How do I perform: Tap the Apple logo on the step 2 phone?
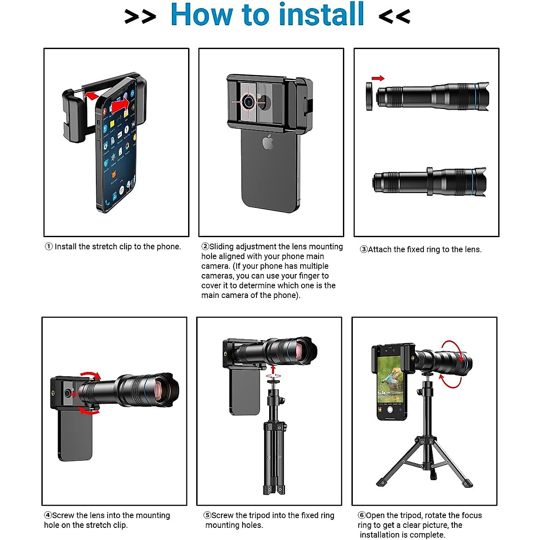(x=268, y=141)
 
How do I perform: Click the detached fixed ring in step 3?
(x=369, y=96)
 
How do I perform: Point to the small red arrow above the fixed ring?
(x=378, y=78)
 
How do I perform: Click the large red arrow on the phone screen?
(x=121, y=106)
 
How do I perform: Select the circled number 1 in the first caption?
(x=49, y=247)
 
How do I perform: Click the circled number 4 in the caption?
(x=48, y=515)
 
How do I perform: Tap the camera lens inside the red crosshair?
(x=248, y=101)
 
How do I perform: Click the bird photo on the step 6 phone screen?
(x=390, y=380)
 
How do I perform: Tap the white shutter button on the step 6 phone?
(x=390, y=409)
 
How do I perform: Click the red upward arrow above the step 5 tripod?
(x=274, y=369)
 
